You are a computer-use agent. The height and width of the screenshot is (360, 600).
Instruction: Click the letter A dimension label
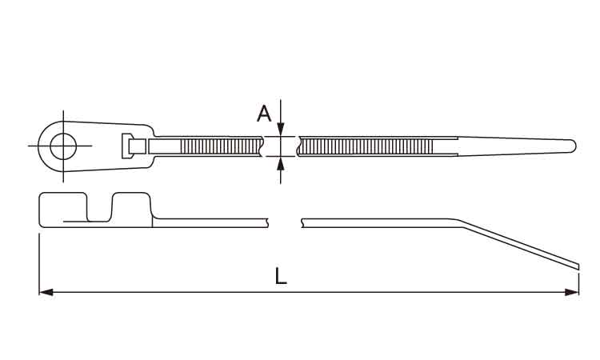[264, 114]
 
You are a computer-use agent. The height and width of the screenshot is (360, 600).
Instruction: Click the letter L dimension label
[281, 276]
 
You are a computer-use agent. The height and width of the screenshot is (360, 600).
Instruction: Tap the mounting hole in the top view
[63, 146]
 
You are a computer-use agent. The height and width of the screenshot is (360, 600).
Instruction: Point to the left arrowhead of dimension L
[46, 292]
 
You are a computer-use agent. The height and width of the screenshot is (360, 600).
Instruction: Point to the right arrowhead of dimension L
[572, 292]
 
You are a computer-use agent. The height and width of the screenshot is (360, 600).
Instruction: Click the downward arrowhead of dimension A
[281, 130]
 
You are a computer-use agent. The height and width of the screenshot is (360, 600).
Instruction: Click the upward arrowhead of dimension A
[281, 163]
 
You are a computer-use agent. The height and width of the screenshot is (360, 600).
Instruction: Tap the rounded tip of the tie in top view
[572, 146]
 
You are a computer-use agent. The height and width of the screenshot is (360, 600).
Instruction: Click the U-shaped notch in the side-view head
[99, 209]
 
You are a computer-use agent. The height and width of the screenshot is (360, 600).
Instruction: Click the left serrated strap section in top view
[221, 146]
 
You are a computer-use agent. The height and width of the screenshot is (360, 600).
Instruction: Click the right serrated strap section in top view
[366, 146]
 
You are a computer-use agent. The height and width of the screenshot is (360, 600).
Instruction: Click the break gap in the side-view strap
[285, 223]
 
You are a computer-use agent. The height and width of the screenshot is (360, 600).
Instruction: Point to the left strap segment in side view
[210, 223]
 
